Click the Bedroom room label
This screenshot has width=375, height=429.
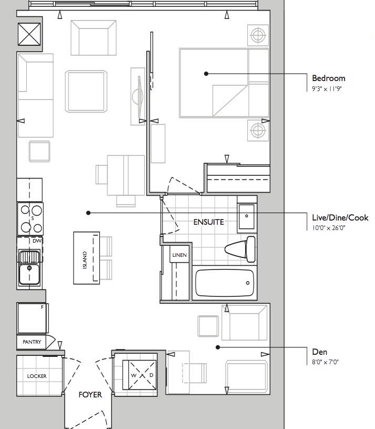point(329,78)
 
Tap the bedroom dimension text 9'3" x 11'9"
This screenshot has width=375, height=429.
point(327,88)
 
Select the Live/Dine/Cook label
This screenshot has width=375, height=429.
point(340,217)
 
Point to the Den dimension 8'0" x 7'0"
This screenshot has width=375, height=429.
point(325,362)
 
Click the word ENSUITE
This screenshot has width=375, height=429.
point(209,222)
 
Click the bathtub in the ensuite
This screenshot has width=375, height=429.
point(225,283)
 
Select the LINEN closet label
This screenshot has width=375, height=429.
point(179,255)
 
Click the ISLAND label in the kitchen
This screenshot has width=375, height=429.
point(85,260)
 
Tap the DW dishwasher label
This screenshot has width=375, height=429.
point(37,241)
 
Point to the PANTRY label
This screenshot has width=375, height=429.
point(32,342)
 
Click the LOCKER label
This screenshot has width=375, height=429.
point(37,376)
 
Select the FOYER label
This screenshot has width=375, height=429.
point(90,395)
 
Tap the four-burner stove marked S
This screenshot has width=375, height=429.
point(30,219)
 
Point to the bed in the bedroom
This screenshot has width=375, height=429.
point(224,83)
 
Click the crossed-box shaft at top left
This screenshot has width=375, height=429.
point(29,34)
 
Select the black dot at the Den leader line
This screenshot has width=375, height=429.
point(218,347)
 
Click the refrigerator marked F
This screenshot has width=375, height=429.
point(32,318)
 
